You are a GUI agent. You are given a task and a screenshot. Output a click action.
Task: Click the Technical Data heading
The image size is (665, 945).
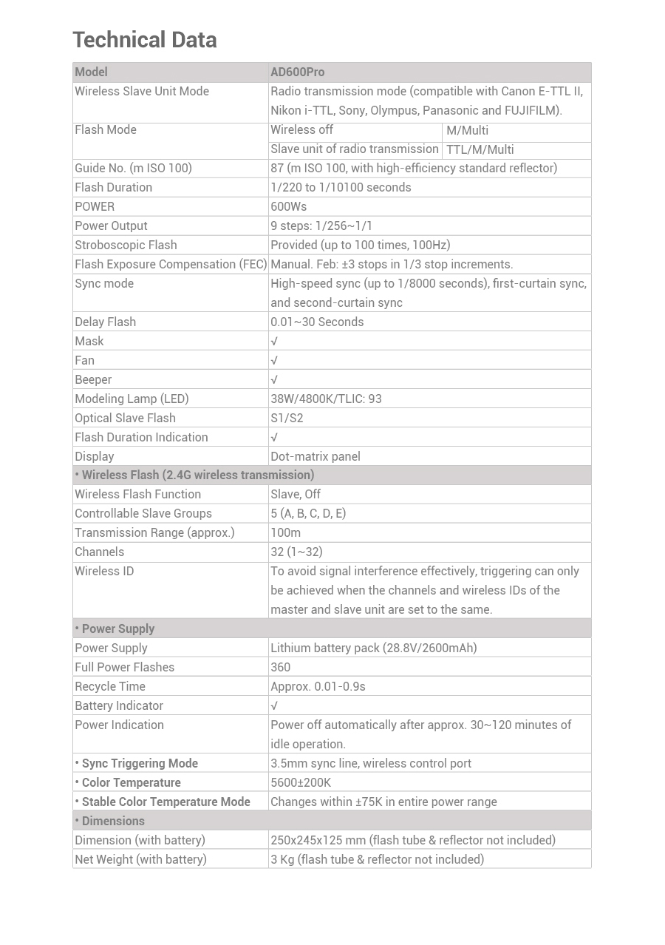(x=145, y=40)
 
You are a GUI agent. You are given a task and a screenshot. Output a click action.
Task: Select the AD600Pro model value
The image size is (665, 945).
(x=297, y=72)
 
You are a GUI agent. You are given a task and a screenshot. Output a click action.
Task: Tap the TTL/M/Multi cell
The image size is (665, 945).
(x=480, y=149)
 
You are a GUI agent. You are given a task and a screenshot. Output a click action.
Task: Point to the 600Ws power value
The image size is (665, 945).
(x=288, y=206)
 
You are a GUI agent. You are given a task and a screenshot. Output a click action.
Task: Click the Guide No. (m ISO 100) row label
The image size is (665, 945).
(x=133, y=168)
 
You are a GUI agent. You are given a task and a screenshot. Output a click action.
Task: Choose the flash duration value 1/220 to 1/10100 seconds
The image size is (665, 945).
(x=341, y=187)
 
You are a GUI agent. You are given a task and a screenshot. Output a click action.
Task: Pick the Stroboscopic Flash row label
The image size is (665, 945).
(x=126, y=245)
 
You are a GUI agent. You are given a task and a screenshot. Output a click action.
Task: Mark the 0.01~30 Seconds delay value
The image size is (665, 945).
(x=317, y=322)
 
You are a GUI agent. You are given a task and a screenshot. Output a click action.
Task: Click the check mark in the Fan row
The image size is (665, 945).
(x=274, y=361)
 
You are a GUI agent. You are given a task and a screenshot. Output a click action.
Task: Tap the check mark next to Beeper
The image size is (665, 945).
(x=274, y=380)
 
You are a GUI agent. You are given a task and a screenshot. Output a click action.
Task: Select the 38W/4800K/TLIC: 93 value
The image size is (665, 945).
(x=326, y=399)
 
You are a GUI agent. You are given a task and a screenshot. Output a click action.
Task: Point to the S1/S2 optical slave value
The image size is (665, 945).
(x=287, y=418)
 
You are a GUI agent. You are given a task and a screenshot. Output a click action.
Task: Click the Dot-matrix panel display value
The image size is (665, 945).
(x=316, y=456)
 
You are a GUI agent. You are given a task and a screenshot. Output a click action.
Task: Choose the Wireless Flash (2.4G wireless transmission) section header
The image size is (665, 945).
(x=195, y=475)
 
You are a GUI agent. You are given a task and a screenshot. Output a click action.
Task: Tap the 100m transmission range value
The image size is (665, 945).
(x=285, y=532)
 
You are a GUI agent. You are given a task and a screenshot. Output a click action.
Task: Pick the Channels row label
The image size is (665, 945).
(x=99, y=552)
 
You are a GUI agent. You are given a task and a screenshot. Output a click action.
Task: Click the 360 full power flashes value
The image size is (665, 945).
(x=281, y=667)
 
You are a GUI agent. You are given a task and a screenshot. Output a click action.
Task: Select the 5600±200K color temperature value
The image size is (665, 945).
(x=301, y=782)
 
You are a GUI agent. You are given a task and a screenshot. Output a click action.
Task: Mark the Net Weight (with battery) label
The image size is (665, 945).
(x=140, y=859)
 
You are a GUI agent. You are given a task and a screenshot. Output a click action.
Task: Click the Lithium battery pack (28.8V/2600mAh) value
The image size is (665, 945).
(x=373, y=648)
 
